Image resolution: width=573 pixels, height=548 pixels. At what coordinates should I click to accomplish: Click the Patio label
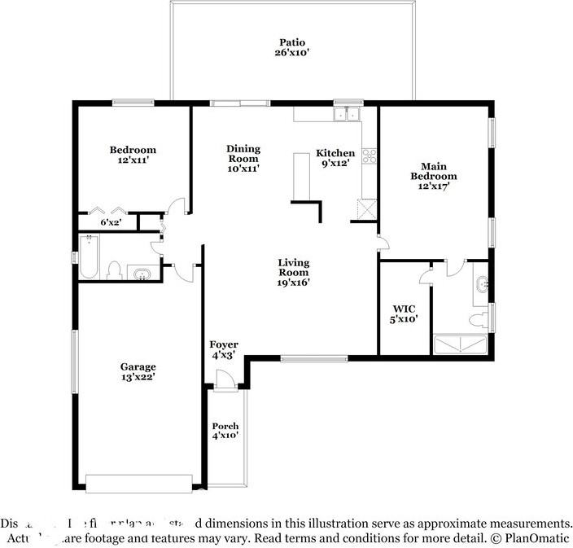(293, 42)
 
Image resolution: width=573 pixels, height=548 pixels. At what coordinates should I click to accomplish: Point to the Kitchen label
(335, 153)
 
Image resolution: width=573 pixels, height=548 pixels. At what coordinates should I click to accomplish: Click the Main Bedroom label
(433, 171)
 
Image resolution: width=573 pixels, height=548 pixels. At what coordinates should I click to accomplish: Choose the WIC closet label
(405, 309)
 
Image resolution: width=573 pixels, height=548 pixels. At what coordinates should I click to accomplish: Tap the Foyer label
(224, 345)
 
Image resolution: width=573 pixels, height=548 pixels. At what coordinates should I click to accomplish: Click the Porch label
(225, 427)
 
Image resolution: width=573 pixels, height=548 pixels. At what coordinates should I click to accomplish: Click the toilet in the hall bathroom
(115, 270)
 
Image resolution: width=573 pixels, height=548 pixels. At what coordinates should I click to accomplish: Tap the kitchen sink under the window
(348, 114)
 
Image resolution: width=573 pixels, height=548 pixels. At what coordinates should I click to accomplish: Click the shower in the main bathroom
(461, 345)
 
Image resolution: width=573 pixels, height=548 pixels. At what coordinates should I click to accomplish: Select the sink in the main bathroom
(481, 284)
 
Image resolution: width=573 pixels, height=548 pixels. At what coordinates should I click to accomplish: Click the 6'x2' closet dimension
(111, 221)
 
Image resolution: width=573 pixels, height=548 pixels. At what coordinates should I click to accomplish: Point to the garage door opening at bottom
(139, 484)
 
